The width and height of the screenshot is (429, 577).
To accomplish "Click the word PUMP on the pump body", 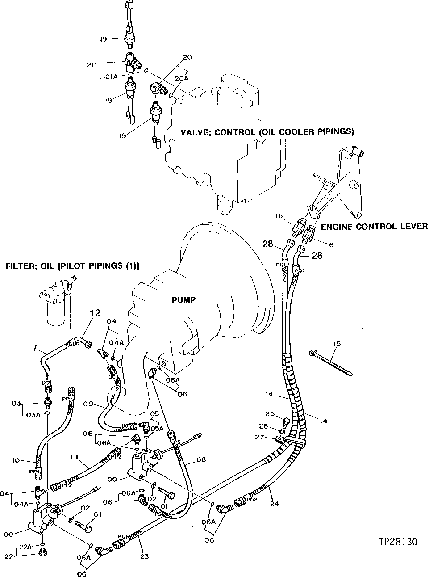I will click(x=183, y=300).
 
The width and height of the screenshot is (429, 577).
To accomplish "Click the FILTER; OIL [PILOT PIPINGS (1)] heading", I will click(x=72, y=266).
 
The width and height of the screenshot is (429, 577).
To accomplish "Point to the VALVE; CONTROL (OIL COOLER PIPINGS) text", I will click(x=267, y=132).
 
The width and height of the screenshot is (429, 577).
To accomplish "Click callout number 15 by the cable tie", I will click(x=336, y=344).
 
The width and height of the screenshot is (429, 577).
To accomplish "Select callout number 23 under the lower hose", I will click(x=144, y=556).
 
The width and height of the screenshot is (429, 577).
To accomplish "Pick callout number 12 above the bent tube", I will click(x=96, y=313).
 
